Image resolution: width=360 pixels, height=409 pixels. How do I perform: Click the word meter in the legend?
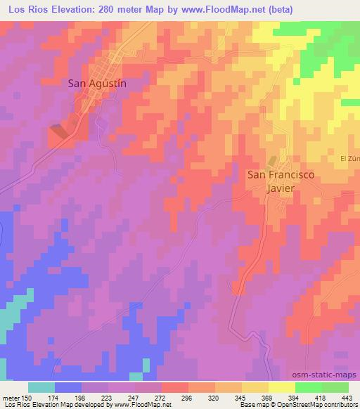pyautogui.click(x=11, y=397)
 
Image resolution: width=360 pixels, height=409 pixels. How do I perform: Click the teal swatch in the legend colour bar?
pyautogui.click(x=41, y=387)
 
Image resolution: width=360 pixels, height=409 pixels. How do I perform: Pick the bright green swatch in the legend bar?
pyautogui.click(x=309, y=387)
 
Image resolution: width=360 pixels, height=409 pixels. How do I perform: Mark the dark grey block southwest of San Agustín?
pyautogui.click(x=60, y=129)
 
